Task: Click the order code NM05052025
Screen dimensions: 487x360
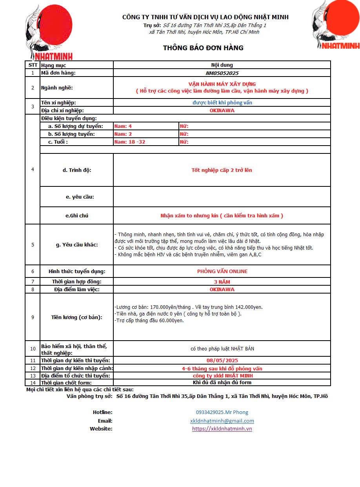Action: coord(222,73)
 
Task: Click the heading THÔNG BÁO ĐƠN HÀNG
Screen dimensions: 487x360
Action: coord(203,48)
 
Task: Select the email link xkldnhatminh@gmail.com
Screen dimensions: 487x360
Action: coord(222,421)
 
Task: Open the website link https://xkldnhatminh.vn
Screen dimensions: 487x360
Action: coord(222,429)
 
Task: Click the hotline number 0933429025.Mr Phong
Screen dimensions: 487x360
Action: coord(222,412)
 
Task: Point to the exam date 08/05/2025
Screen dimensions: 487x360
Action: coord(222,360)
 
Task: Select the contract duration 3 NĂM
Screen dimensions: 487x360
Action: coord(222,282)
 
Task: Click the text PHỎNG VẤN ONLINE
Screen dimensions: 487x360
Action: coord(222,271)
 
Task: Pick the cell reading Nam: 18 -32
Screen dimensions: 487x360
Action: coord(130,142)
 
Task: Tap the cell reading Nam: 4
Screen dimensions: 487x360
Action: coord(123,126)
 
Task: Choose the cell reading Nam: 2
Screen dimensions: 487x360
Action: coord(123,134)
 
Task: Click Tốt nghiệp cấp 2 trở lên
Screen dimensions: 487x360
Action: coord(222,170)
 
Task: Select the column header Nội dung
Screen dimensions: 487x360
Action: coord(222,65)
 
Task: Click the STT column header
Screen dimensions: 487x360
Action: coord(33,65)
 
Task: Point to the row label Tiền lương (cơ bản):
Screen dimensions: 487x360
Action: coord(76,317)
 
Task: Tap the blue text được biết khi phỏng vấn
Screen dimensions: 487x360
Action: coord(222,102)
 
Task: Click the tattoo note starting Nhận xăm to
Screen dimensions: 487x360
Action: coord(222,215)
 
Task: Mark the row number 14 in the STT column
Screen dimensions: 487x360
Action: coord(33,383)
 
